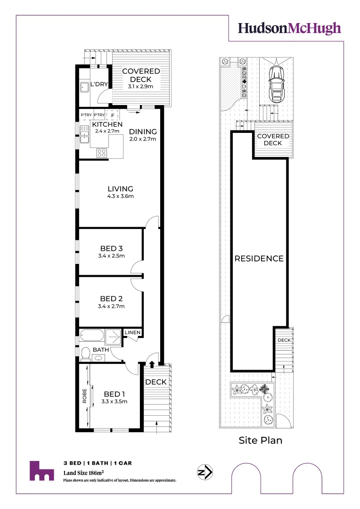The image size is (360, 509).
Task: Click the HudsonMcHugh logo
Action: pyautogui.click(x=289, y=28)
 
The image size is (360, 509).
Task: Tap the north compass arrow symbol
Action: pyautogui.click(x=205, y=472)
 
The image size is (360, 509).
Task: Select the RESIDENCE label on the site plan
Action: pyautogui.click(x=259, y=258)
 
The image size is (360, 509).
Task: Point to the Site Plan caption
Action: pyautogui.click(x=260, y=441)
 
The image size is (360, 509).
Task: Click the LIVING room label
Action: pyautogui.click(x=121, y=189)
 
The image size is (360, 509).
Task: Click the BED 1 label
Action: pyautogui.click(x=115, y=394)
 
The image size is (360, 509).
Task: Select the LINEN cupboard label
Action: pyautogui.click(x=132, y=333)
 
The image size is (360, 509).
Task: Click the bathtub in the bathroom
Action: pyautogui.click(x=92, y=336)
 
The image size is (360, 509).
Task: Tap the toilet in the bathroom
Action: pyautogui.click(x=85, y=354)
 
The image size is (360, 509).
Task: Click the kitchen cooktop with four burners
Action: pyautogui.click(x=102, y=152)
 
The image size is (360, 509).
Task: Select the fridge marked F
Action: pyautogui.click(x=113, y=115)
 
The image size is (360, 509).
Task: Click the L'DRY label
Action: pyautogui.click(x=99, y=83)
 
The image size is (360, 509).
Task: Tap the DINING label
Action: pyautogui.click(x=142, y=131)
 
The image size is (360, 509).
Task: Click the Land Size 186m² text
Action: pyautogui.click(x=84, y=472)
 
